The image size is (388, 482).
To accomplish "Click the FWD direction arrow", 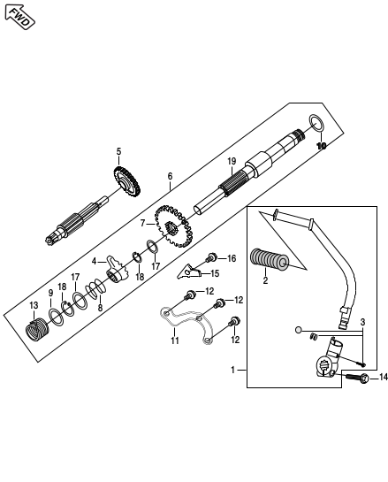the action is [x=19, y=17].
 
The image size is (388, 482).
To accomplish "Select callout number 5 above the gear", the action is [x=118, y=151].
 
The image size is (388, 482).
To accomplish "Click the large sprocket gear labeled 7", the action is [x=174, y=226].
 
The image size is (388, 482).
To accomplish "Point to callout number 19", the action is [x=232, y=161].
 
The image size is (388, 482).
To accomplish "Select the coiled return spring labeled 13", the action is [x=37, y=330].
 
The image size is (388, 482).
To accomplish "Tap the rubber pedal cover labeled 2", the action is [x=270, y=259].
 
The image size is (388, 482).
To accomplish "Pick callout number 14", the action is [x=384, y=377].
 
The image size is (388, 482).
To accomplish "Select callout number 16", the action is [x=232, y=258].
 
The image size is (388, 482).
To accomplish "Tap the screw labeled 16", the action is [x=211, y=257].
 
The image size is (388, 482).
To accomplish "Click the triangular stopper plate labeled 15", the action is [x=188, y=272].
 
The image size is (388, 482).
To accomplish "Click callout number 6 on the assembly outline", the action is [x=170, y=176].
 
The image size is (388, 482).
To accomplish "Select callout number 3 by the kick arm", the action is [x=362, y=322].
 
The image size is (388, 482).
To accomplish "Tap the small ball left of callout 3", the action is [x=298, y=330].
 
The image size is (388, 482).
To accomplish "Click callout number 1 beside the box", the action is [x=232, y=370].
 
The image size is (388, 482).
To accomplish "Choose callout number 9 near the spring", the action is [x=50, y=294].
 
